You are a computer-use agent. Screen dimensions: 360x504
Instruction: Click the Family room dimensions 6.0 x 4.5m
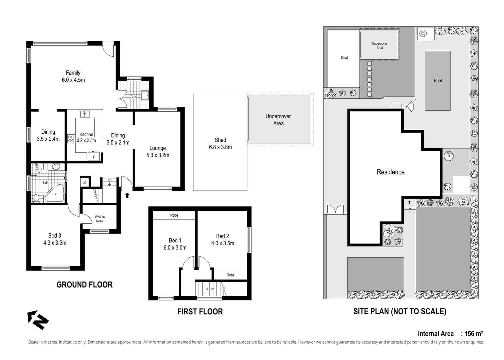(73, 80)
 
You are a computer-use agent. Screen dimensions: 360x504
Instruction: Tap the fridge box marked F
(94, 157)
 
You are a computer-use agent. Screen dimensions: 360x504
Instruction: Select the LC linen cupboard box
(85, 182)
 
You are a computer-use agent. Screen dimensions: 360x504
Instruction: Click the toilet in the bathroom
(36, 198)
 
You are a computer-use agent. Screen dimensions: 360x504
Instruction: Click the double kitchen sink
(85, 114)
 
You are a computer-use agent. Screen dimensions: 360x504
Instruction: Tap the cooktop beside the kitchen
(71, 139)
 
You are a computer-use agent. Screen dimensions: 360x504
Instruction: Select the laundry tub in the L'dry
(146, 95)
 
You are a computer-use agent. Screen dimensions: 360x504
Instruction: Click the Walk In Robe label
(100, 219)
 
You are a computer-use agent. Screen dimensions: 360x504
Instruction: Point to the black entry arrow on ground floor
(127, 195)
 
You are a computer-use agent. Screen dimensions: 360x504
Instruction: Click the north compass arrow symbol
(38, 320)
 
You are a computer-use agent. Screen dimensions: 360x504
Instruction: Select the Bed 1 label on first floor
(175, 240)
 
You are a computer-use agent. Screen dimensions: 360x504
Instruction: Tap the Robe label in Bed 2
(231, 275)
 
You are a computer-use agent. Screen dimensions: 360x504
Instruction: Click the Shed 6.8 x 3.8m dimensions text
(220, 147)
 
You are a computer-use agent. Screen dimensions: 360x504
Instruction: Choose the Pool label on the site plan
(438, 81)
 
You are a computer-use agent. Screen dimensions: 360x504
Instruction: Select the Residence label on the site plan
(390, 172)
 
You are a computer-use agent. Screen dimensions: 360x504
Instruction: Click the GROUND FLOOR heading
(85, 285)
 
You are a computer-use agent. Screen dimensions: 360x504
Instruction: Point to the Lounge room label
(158, 148)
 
